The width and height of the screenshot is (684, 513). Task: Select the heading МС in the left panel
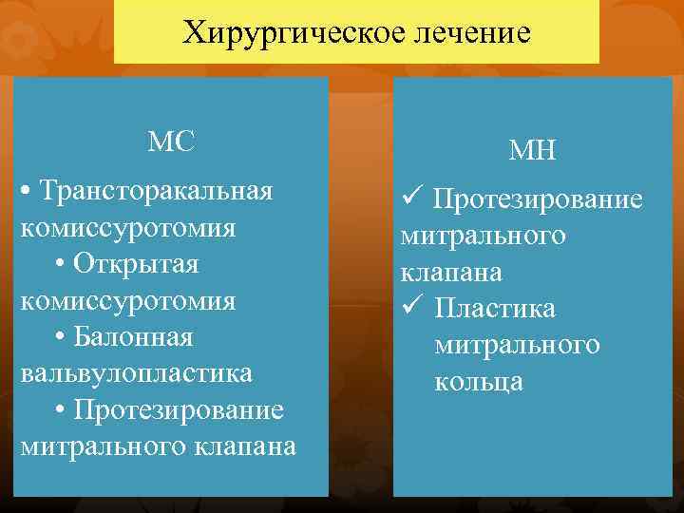click(171, 142)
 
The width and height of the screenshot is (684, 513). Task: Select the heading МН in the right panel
click(533, 150)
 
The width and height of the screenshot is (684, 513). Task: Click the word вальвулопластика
click(136, 372)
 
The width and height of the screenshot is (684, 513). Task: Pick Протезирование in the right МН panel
click(538, 199)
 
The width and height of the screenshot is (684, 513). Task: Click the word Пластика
click(496, 309)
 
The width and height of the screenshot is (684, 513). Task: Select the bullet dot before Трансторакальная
click(27, 191)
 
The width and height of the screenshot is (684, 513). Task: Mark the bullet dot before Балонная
click(60, 337)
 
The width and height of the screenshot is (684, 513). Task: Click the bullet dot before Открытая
click(60, 264)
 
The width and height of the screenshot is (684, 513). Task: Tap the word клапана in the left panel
click(241, 446)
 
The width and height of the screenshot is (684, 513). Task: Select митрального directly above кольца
click(517, 345)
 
